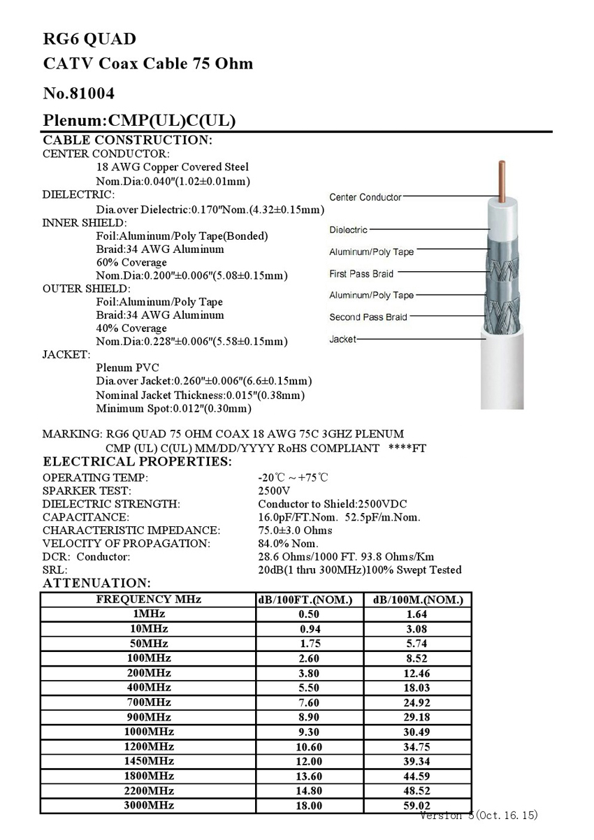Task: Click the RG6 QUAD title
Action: click(x=89, y=39)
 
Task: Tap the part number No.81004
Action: click(x=79, y=93)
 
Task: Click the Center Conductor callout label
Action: click(x=365, y=198)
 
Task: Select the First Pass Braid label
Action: click(x=361, y=274)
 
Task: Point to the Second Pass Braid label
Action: click(x=368, y=317)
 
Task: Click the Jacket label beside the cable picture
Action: click(x=342, y=340)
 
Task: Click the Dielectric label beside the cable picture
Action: click(x=348, y=230)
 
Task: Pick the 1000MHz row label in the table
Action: click(x=148, y=732)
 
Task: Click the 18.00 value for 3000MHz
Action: click(x=309, y=806)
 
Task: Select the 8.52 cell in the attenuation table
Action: click(x=417, y=658)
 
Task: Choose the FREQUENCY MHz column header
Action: click(x=148, y=600)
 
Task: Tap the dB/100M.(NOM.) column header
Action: click(x=418, y=600)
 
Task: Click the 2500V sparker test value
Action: click(x=274, y=491)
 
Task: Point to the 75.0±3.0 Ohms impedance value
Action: click(x=295, y=530)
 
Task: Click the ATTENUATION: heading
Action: click(x=96, y=583)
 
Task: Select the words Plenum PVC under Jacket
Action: click(x=127, y=368)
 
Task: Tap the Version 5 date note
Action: click(x=479, y=816)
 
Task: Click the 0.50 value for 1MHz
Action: click(x=309, y=614)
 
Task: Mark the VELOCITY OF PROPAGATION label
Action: click(x=126, y=544)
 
